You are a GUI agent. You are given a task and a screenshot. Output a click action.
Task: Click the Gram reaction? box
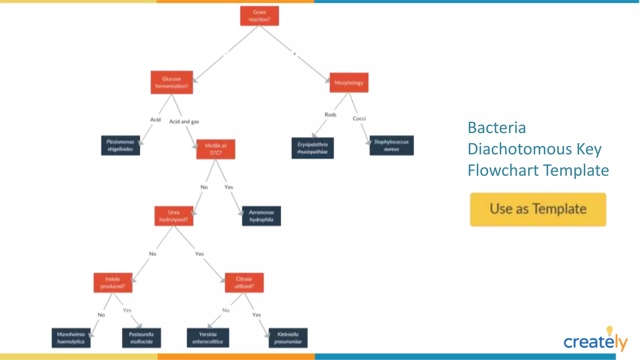(x=259, y=16)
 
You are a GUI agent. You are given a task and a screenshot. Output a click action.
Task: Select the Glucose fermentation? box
(x=172, y=82)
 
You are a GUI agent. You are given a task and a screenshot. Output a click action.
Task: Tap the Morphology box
(x=349, y=83)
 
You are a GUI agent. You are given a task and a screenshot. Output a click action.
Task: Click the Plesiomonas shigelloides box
(x=120, y=146)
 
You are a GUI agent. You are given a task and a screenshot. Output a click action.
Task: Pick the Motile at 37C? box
(x=216, y=149)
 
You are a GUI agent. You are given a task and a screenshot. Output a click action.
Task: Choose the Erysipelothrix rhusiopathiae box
(x=312, y=148)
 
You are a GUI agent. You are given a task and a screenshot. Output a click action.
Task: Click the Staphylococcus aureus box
(x=391, y=146)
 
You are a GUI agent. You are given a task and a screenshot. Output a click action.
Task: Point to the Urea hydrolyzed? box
(x=174, y=216)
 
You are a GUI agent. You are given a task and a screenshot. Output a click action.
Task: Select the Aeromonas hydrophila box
(x=261, y=216)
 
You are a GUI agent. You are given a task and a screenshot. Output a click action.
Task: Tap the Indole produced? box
(x=113, y=283)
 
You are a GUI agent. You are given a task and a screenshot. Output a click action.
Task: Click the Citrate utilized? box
(x=244, y=283)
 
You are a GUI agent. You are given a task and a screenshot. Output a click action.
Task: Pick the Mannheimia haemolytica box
(x=71, y=338)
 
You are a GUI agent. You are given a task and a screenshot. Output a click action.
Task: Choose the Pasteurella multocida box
(x=141, y=338)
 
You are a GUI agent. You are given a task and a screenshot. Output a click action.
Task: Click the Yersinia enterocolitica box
(x=208, y=338)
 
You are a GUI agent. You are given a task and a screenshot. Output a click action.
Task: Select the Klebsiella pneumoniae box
(x=288, y=338)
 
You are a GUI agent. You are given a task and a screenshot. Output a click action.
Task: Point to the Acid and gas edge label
(x=184, y=122)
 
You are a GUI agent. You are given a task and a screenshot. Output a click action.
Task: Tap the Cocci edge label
(x=359, y=118)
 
